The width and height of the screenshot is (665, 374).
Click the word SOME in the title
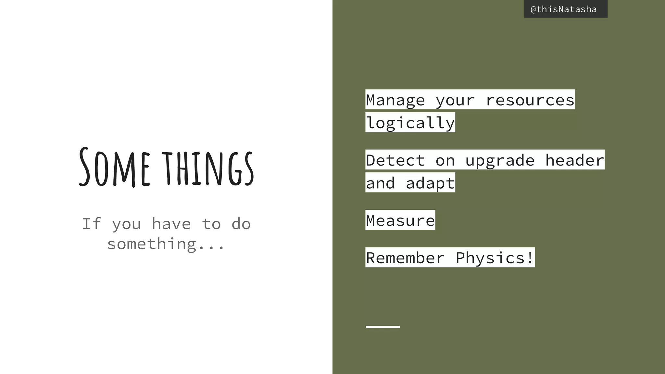click(114, 168)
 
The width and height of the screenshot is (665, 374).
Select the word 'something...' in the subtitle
click(166, 244)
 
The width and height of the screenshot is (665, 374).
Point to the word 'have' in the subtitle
click(171, 224)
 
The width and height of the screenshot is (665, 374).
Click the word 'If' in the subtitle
click(91, 224)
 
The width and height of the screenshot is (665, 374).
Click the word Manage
click(395, 100)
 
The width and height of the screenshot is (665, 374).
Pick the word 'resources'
click(530, 100)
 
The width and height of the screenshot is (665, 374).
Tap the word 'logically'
click(410, 123)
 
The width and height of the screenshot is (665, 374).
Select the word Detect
click(395, 160)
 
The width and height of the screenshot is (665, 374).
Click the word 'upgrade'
click(500, 160)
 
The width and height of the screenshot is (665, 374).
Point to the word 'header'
click(574, 160)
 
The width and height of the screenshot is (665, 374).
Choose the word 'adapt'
click(430, 183)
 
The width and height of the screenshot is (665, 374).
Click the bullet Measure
click(400, 220)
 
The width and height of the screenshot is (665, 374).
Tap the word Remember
click(405, 258)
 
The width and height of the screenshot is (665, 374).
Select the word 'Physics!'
click(495, 258)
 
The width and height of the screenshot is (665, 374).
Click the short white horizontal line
click(383, 327)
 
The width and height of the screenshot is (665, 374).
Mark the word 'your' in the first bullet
click(455, 100)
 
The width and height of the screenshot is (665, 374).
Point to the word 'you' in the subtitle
click(126, 224)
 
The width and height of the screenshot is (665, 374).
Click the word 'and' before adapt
click(380, 183)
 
